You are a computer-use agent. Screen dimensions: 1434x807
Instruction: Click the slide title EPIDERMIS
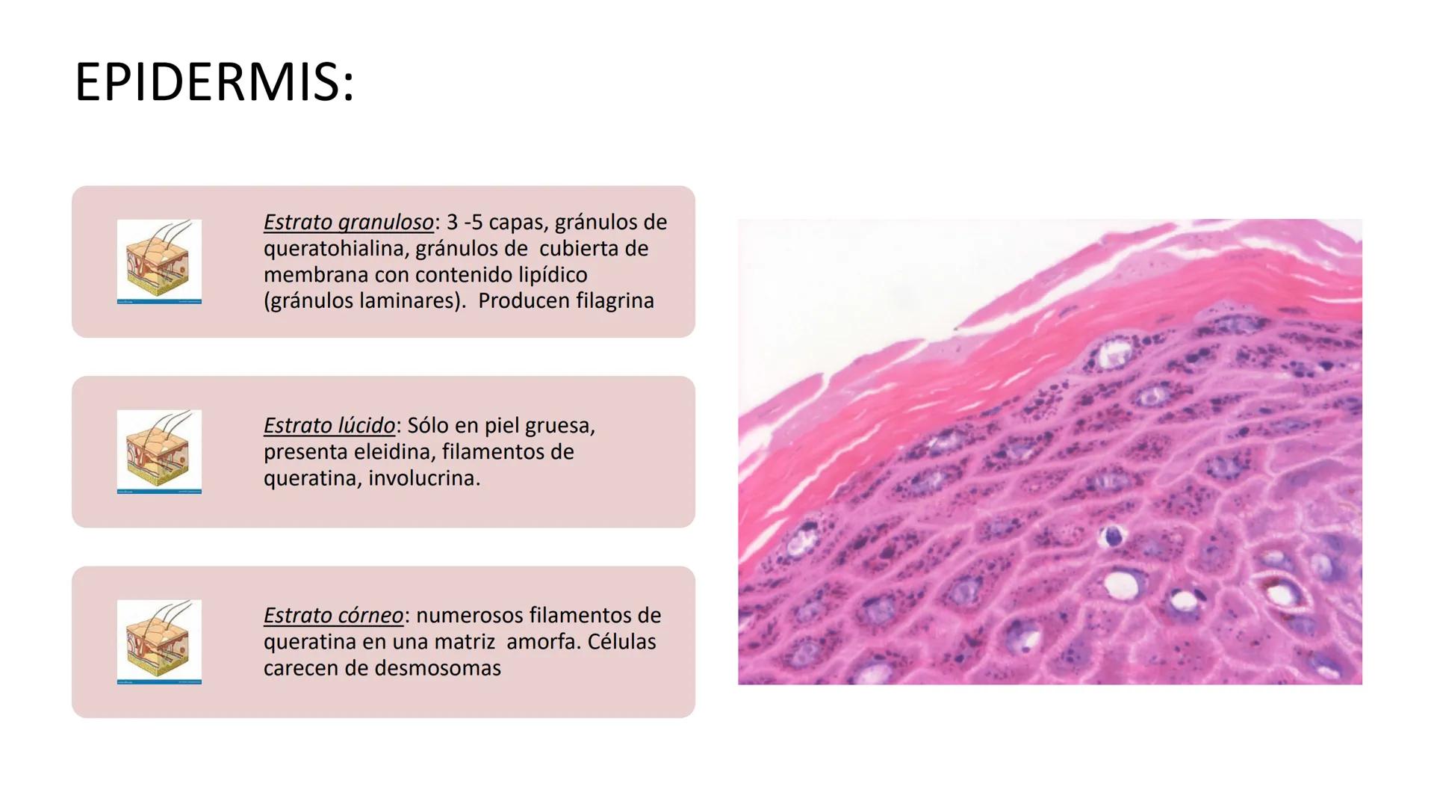pyautogui.click(x=214, y=82)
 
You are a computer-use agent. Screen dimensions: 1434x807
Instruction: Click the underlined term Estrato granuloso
pyautogui.click(x=348, y=223)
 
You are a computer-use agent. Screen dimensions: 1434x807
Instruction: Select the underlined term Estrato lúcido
pyautogui.click(x=329, y=426)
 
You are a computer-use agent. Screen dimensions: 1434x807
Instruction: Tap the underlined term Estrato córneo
pyautogui.click(x=333, y=616)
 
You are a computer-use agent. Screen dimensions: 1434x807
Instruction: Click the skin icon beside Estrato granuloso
pyautogui.click(x=159, y=262)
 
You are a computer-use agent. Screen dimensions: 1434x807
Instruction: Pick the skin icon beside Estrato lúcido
pyautogui.click(x=159, y=452)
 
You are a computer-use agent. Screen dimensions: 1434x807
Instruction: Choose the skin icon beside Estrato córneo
pyautogui.click(x=159, y=642)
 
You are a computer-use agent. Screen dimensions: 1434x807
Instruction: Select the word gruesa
pyautogui.click(x=560, y=426)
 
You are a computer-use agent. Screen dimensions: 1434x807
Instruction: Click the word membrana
pyautogui.click(x=316, y=275)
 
